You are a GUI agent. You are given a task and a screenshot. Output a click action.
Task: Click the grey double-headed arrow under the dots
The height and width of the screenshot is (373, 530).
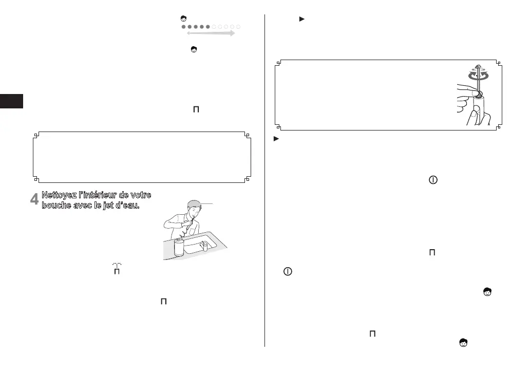click(210, 33)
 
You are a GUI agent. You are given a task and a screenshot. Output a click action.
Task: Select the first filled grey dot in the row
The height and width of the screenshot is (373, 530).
click(183, 26)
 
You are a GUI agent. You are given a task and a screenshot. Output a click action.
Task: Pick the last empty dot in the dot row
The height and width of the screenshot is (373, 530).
click(238, 26)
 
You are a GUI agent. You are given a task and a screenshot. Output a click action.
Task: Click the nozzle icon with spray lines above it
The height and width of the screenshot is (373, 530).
click(117, 268)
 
